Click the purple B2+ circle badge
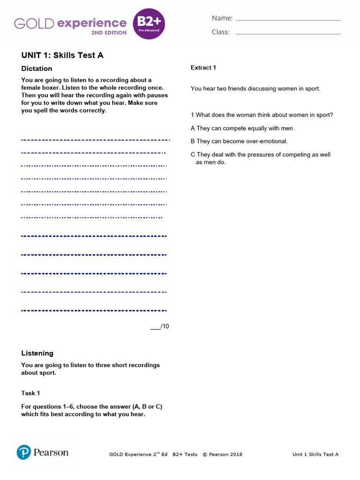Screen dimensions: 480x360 tap(150, 23)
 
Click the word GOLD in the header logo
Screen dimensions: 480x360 tap(34, 23)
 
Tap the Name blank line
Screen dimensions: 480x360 tap(288, 20)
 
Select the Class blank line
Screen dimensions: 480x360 tap(288, 33)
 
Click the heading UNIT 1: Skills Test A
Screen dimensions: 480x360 tap(62, 55)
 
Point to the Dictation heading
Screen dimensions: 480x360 tap(37, 68)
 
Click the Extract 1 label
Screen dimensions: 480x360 tap(203, 67)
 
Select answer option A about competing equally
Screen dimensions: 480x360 tap(242, 128)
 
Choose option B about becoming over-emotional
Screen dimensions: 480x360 tap(239, 141)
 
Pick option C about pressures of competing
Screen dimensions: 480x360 tap(260, 155)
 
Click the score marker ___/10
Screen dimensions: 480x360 tap(160, 326)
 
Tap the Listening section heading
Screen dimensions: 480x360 tap(37, 353)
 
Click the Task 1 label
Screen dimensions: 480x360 tap(31, 393)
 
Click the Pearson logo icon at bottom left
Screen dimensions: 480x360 tap(24, 452)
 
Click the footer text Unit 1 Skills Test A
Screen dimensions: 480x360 tap(315, 454)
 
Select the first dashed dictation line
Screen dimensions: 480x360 tap(95, 140)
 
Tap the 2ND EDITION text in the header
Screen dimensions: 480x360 tap(110, 33)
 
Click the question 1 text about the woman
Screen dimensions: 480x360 tap(262, 115)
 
